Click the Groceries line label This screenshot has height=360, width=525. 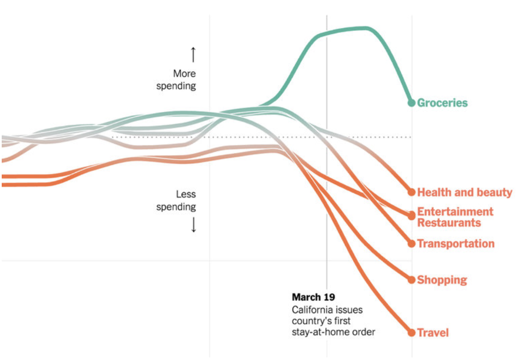pyautogui.click(x=442, y=103)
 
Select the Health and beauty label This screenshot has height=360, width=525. pyautogui.click(x=465, y=192)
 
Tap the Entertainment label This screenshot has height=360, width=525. pyautogui.click(x=455, y=212)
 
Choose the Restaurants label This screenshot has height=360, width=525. pyautogui.click(x=449, y=223)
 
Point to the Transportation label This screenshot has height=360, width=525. pyautogui.click(x=456, y=244)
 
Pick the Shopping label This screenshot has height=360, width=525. pyautogui.click(x=442, y=280)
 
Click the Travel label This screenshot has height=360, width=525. pyautogui.click(x=433, y=333)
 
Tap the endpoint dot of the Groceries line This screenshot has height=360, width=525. pyautogui.click(x=412, y=103)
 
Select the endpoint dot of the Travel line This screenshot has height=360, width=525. pyautogui.click(x=412, y=333)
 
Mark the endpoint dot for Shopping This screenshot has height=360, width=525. pyautogui.click(x=412, y=280)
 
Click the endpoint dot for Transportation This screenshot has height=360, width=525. pyautogui.click(x=412, y=243)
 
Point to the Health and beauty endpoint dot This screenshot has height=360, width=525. pyautogui.click(x=412, y=192)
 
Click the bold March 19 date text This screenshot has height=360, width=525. pyautogui.click(x=313, y=297)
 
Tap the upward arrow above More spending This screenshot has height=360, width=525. pyautogui.click(x=193, y=55)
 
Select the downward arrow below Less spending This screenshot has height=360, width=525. pyautogui.click(x=193, y=225)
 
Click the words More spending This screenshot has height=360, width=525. pyautogui.click(x=176, y=80)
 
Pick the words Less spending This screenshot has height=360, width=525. pyautogui.click(x=176, y=201)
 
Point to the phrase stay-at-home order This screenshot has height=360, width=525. pyautogui.click(x=334, y=332)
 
